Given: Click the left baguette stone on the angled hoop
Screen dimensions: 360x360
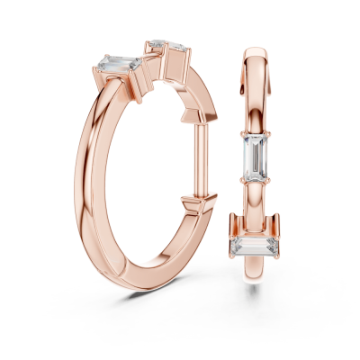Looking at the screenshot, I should point(113,63).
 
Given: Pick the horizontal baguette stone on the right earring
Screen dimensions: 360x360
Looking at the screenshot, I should point(252,244).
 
